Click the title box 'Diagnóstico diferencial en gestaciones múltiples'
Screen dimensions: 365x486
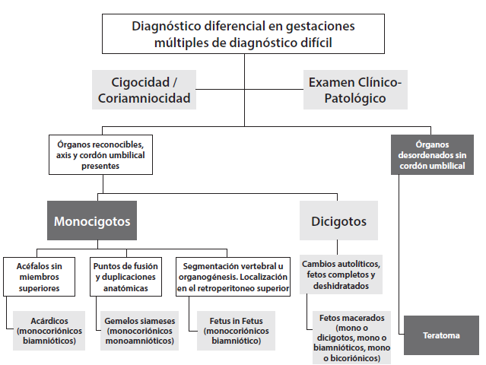(x=243, y=34)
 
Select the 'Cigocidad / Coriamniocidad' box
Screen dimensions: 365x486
(x=145, y=89)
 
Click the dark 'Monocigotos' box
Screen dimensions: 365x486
(x=91, y=222)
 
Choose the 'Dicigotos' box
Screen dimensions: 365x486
(x=338, y=222)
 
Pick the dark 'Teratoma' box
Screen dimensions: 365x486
(x=441, y=335)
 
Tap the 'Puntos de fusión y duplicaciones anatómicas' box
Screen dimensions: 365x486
(x=125, y=278)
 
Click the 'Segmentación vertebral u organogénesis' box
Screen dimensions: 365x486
(x=233, y=278)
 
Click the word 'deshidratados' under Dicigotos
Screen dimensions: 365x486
(x=341, y=286)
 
